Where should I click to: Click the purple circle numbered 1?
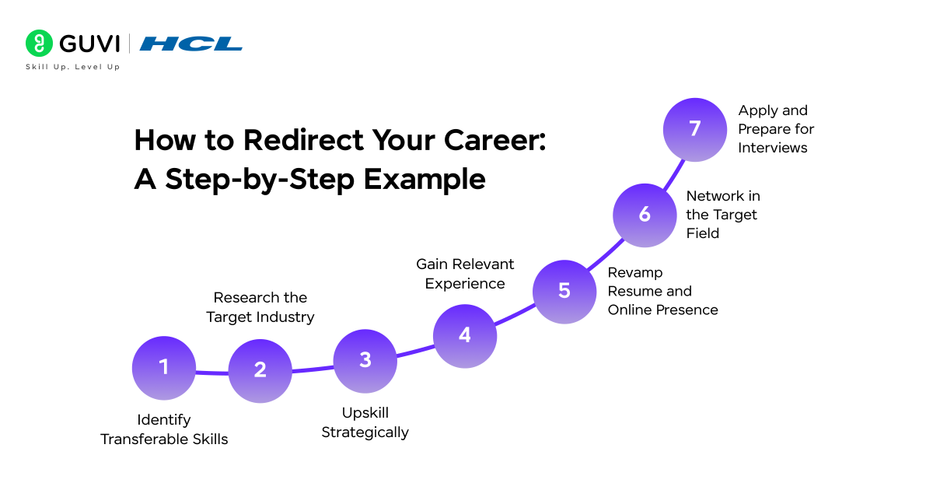pyautogui.click(x=163, y=368)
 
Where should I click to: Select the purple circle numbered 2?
pyautogui.click(x=260, y=371)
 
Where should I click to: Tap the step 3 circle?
pyautogui.click(x=365, y=360)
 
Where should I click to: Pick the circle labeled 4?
pyautogui.click(x=464, y=336)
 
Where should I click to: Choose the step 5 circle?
pyautogui.click(x=564, y=291)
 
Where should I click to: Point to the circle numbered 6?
pyautogui.click(x=645, y=215)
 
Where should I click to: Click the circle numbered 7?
pyautogui.click(x=695, y=129)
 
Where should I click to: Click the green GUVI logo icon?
pyautogui.click(x=39, y=44)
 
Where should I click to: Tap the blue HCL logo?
pyautogui.click(x=191, y=44)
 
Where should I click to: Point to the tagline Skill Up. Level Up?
pyautogui.click(x=73, y=68)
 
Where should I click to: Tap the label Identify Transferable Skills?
pyautogui.click(x=164, y=429)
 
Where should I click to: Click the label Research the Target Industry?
pyautogui.click(x=260, y=307)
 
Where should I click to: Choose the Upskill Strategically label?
pyautogui.click(x=365, y=422)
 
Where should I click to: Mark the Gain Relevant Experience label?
pyautogui.click(x=465, y=274)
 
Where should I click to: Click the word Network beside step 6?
pyautogui.click(x=712, y=195)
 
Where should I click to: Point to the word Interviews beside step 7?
pyautogui.click(x=772, y=148)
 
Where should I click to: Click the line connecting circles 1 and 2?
pyautogui.click(x=211, y=374)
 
